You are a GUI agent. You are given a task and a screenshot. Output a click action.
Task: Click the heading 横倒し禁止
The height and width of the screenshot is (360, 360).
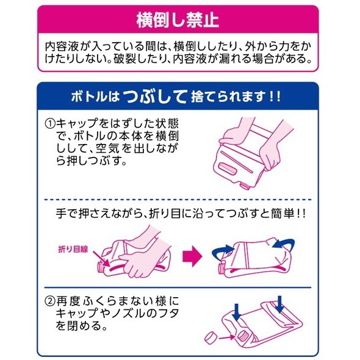(177, 20)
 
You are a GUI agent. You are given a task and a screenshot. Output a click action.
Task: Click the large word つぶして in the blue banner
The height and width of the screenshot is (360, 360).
(155, 96)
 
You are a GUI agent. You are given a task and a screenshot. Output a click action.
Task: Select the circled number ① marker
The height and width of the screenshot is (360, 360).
(50, 124)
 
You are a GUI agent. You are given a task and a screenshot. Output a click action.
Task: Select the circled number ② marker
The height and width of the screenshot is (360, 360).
(50, 301)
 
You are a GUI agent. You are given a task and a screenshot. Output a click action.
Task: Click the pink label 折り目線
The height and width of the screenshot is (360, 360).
(73, 249)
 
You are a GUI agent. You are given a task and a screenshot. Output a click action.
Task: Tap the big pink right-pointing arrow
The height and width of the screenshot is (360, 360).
(192, 256)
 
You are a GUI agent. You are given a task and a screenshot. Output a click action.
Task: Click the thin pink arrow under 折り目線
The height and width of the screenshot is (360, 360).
(101, 259)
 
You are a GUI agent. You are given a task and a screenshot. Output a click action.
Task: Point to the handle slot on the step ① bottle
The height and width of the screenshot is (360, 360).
(228, 168)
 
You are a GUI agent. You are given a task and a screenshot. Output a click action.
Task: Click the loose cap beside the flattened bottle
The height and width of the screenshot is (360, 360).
(211, 338)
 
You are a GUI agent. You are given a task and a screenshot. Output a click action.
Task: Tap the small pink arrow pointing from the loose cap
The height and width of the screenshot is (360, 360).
(227, 337)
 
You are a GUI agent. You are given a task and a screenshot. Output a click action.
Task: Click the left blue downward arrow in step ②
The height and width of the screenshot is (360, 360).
(237, 312)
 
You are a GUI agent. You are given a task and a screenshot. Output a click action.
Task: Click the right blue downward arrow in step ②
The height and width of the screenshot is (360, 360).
(279, 304)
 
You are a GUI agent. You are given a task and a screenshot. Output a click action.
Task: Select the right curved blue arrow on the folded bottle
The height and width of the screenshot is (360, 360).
(284, 243)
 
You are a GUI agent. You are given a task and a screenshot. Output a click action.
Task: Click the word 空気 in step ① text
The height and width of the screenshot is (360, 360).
(107, 148)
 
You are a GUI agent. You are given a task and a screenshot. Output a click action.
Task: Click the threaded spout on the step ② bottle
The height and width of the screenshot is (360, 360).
(242, 336)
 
